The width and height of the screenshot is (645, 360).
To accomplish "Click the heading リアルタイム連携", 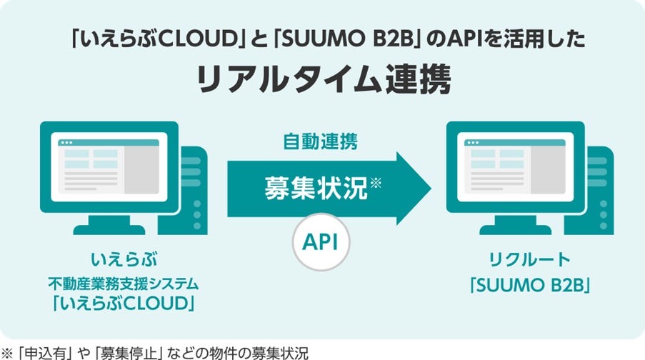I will [323, 80].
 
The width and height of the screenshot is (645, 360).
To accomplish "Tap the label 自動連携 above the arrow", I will [321, 141].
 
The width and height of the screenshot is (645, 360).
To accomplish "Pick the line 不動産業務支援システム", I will [124, 284].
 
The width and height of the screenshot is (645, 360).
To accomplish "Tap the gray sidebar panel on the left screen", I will [141, 169].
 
